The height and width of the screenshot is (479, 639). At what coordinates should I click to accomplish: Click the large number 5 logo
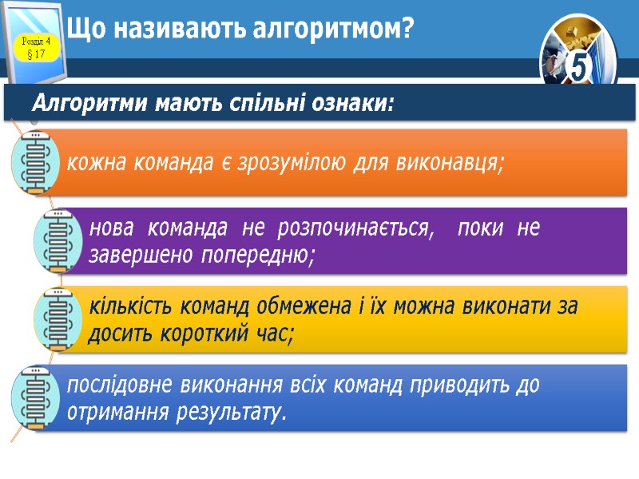pos(579,68)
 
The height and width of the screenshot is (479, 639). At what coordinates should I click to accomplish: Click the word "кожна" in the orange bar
pos(93,164)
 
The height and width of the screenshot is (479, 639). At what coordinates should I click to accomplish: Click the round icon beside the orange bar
pos(34,162)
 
